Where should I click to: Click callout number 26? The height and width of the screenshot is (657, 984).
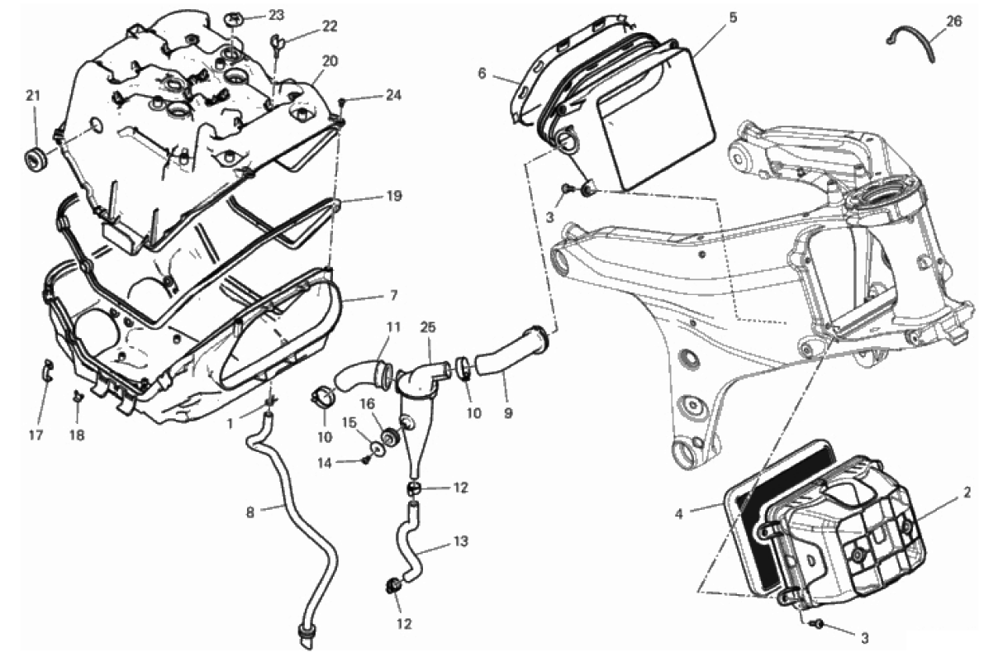click(954, 22)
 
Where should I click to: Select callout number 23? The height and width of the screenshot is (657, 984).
click(276, 15)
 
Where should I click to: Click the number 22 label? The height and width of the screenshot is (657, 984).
click(329, 26)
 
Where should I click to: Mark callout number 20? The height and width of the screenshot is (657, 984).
click(330, 60)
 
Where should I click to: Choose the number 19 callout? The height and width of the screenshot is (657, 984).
click(392, 196)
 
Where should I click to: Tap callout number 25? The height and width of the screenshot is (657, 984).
click(426, 328)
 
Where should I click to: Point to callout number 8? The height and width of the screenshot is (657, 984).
click(250, 512)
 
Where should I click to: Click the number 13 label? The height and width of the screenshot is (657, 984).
click(460, 541)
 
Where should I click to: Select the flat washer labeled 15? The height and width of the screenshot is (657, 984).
click(378, 447)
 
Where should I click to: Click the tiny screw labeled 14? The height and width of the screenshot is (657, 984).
click(365, 460)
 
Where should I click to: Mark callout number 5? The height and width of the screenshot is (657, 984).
click(733, 17)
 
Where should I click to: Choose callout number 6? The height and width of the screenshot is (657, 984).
click(481, 73)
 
